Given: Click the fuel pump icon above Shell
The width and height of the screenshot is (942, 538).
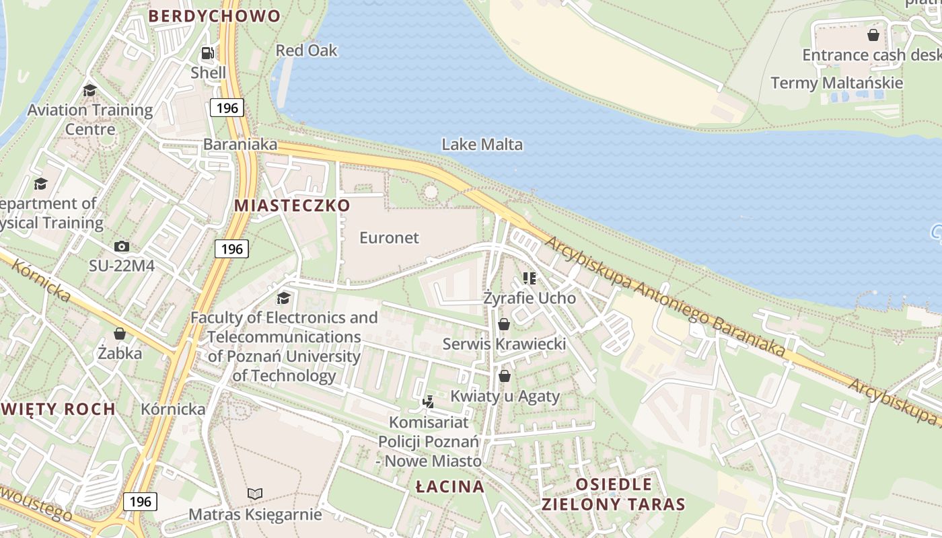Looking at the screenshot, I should tap(208, 53).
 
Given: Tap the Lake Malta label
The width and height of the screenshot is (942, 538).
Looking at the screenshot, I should tap(482, 144).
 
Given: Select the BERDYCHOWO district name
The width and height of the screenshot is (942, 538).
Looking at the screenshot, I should tap(214, 16).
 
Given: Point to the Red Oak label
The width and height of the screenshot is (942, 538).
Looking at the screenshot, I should tap(306, 50).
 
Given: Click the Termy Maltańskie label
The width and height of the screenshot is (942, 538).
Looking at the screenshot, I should tap(836, 83).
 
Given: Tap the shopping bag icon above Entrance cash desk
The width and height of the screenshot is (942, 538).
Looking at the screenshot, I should tap(873, 35).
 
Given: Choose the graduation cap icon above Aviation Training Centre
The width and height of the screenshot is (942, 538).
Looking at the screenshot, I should tap(89, 91).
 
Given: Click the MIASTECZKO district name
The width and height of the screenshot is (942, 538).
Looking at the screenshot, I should tap(293, 206).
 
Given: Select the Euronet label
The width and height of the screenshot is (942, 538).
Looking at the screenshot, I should tap(389, 237).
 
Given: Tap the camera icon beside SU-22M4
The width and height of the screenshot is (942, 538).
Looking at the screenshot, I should tap(122, 246).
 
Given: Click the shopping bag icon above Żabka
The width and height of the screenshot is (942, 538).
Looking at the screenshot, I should tap(120, 334).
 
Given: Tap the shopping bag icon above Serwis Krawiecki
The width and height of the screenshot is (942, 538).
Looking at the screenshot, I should tap(504, 325).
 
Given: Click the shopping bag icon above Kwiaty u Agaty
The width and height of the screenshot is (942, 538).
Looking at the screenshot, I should tap(505, 376).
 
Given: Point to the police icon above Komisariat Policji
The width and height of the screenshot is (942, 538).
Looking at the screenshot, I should tap(428, 402).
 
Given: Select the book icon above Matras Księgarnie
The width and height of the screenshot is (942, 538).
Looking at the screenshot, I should tap(254, 494).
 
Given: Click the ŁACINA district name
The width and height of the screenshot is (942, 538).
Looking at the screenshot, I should tap(449, 486).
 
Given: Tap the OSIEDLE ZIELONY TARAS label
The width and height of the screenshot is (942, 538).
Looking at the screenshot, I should tap(614, 494).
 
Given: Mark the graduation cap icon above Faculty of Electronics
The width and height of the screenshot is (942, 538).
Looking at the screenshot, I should tap(284, 298).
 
